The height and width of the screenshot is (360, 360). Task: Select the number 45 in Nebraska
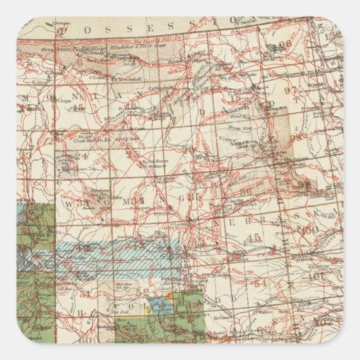coord(254,237)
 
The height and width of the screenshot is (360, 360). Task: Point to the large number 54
coord(260,283)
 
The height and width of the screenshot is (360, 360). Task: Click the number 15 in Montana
coord(79,107)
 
